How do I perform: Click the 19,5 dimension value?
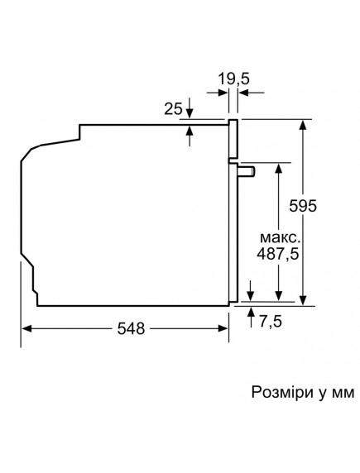(234, 79)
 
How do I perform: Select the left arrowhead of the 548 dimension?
(26, 329)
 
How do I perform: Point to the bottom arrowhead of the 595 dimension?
(305, 300)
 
